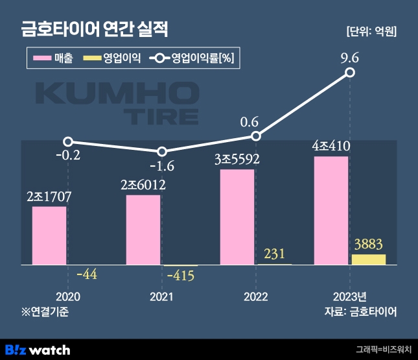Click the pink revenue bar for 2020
click(49, 235)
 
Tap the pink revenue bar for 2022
click(237, 217)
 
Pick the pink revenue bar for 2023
click(331, 210)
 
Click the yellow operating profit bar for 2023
click(368, 259)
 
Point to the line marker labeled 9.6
click(350, 73)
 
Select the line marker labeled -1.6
click(162, 151)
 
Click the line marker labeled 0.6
click(256, 136)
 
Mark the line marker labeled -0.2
click(68, 141)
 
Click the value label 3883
click(368, 245)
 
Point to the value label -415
click(181, 275)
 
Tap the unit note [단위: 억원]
click(371, 31)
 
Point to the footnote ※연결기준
click(45, 311)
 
